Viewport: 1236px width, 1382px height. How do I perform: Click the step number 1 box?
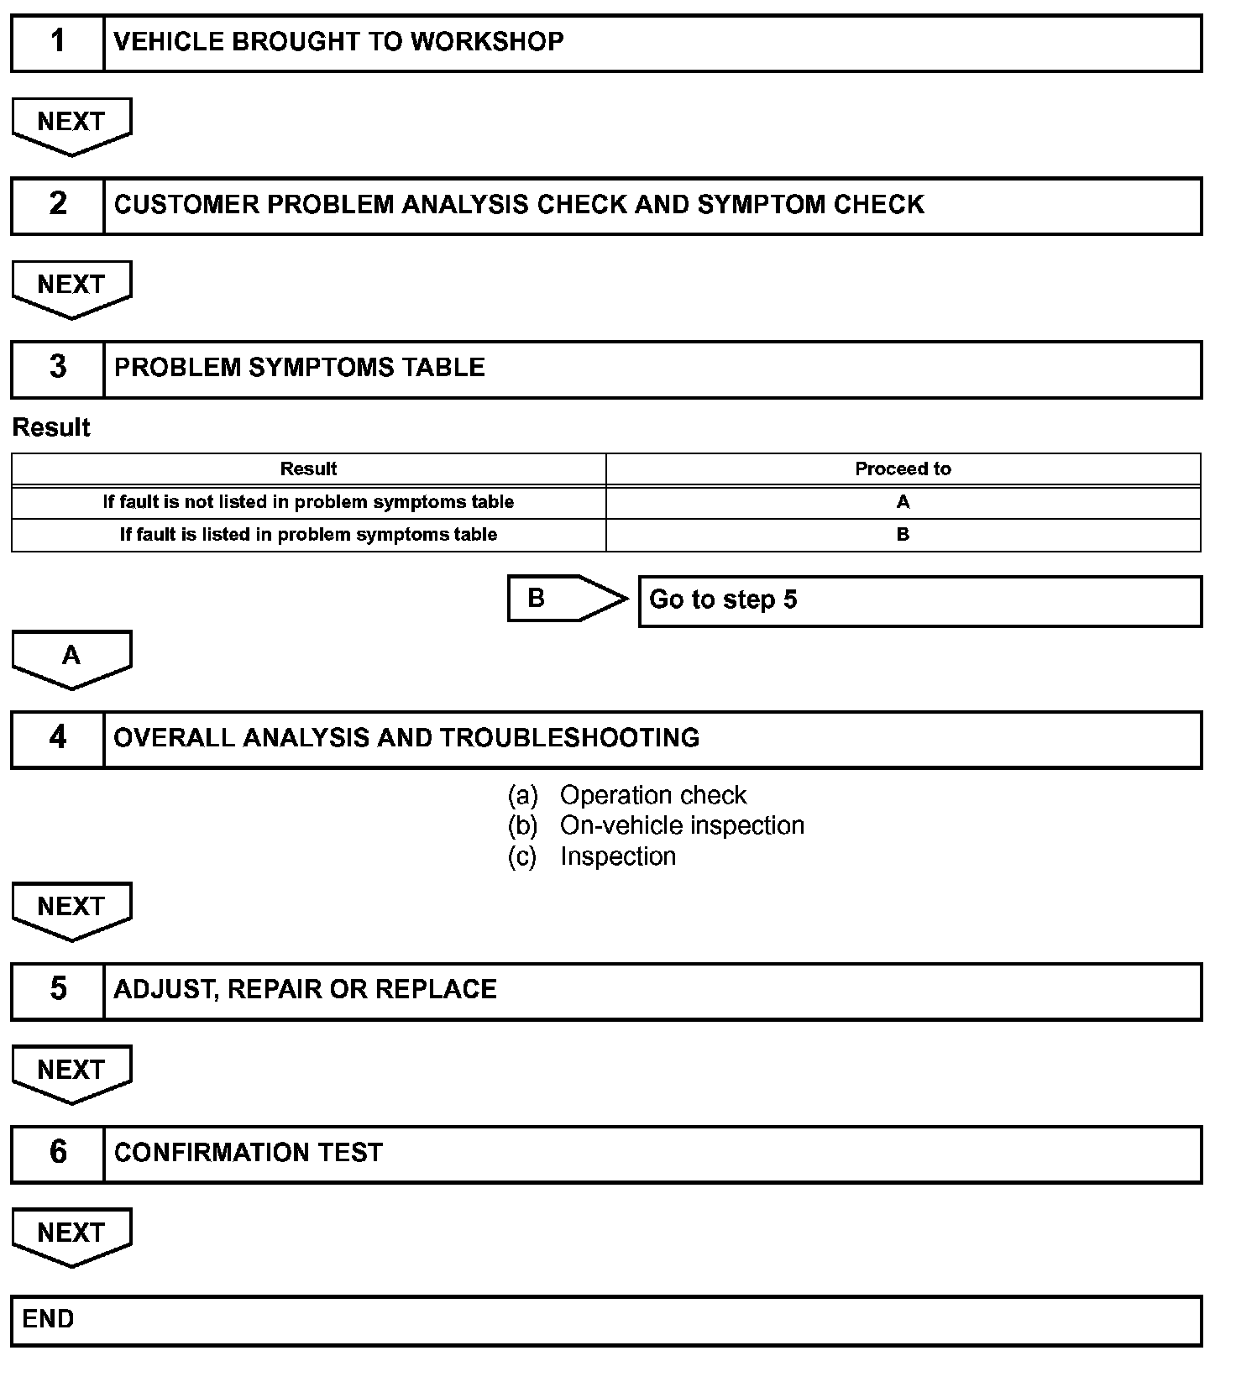coord(57,42)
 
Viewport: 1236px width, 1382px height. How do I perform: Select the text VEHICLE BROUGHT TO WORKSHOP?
coord(338,42)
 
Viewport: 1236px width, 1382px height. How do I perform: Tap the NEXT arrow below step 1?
coord(71,124)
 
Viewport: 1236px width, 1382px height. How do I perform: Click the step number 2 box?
coord(57,205)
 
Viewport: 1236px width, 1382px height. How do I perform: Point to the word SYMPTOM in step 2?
coord(750,205)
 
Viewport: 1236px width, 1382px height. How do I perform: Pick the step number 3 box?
coord(57,368)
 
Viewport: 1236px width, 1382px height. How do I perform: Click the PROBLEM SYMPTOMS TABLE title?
coord(299,368)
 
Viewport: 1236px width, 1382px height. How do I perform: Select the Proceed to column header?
coord(903,469)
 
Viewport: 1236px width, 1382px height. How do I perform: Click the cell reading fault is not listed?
coord(308,502)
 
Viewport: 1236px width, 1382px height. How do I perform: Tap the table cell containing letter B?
coord(903,535)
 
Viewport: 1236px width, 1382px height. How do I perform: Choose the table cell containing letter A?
coord(903,502)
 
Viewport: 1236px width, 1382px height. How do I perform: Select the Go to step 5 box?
coord(919,600)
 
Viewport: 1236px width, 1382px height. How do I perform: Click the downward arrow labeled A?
coord(71,657)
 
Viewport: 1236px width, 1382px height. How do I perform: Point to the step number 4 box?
coord(57,738)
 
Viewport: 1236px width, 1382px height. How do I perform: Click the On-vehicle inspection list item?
coord(681,826)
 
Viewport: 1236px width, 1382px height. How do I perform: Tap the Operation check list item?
coord(652,795)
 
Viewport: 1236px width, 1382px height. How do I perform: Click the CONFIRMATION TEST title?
coord(249,1153)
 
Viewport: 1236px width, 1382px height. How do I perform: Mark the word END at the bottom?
coord(48,1319)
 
